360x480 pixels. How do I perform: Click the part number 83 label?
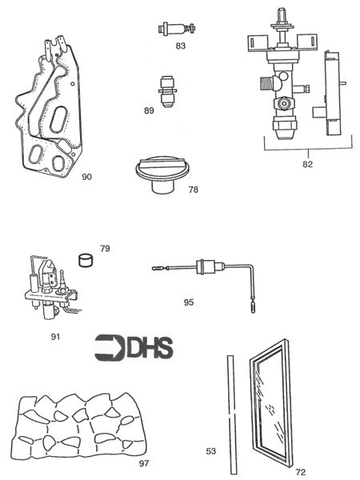coord(180,46)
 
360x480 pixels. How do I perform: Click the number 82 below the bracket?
coord(307,164)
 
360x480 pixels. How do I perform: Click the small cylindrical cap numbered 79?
coord(86,260)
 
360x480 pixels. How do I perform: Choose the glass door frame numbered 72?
coord(276,404)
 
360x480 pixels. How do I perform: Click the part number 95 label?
coord(189,302)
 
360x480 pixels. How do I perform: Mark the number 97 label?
coord(143,462)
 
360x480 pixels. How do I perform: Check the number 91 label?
coord(55,337)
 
